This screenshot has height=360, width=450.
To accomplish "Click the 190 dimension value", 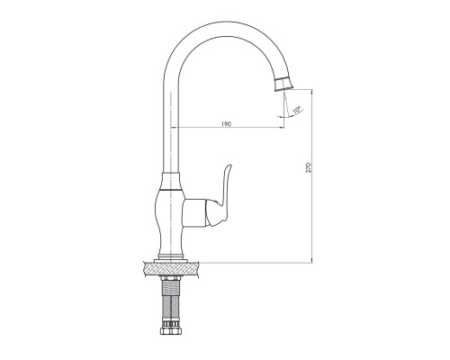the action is pos(226,124).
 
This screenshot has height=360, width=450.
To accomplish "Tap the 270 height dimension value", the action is pos(310,167).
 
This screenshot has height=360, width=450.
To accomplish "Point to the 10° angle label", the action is pos(296,110).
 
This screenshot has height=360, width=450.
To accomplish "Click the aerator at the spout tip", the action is pos(283,84).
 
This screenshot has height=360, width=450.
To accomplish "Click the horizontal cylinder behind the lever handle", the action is pos(194,212).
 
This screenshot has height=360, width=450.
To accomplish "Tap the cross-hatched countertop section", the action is pos(171,269).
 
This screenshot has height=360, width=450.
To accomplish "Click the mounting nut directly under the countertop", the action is pos(171,279).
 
